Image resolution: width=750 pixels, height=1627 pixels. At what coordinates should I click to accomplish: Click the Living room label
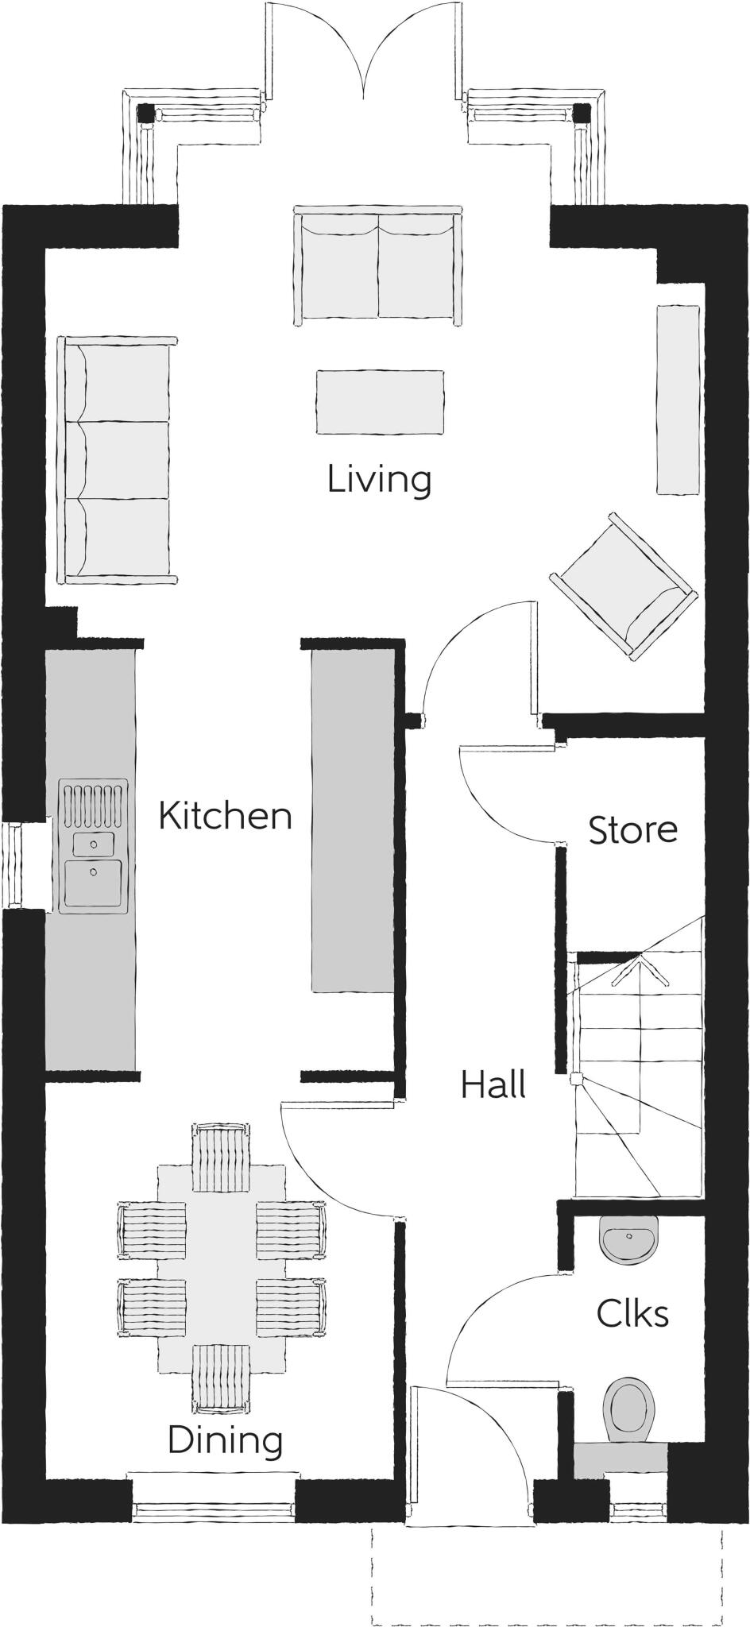pos(379,480)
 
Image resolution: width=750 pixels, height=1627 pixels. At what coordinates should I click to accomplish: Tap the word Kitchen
pos(226,816)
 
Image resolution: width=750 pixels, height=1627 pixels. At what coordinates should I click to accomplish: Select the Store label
pos(632,829)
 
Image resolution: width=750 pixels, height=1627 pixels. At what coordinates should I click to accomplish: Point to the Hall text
pos(493,1084)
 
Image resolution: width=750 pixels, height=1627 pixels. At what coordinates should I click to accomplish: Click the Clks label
pos(632,1313)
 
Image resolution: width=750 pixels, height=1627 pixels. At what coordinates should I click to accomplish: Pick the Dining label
pos(226,1440)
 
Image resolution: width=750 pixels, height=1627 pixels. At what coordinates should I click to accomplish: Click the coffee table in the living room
pos(380,401)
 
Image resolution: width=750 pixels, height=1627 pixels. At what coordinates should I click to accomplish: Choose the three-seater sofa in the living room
pos(118,459)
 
